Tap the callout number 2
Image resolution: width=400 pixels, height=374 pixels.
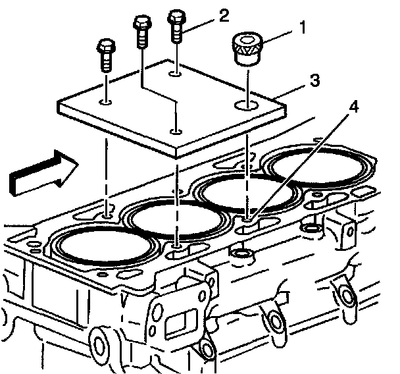click(x=224, y=14)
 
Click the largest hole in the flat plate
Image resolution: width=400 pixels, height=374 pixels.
click(x=247, y=104)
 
